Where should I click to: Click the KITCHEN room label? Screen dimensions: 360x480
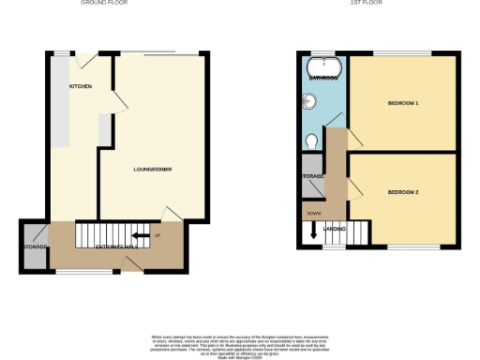point(81,85)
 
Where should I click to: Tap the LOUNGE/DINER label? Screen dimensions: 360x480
point(152,169)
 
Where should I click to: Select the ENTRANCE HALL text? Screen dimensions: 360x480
point(117,246)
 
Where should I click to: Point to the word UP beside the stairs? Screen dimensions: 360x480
point(157,235)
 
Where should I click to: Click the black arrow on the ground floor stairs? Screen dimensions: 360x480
point(140,235)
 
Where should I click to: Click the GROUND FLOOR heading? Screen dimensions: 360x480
point(104,4)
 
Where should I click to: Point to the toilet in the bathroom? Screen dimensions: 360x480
point(311,141)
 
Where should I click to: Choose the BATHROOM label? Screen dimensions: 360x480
point(324,78)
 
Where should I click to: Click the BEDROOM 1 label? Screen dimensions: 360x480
point(403,102)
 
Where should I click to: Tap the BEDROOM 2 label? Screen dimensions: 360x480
point(403,192)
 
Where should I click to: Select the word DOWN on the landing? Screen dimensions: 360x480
point(313,214)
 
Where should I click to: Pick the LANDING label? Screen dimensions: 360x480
point(335,228)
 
